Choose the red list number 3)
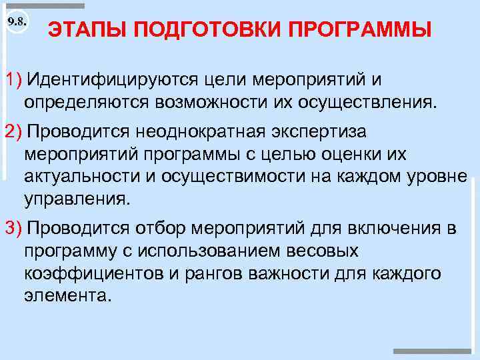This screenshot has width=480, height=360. [x=14, y=229]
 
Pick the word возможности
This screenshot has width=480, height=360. [x=213, y=102]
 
